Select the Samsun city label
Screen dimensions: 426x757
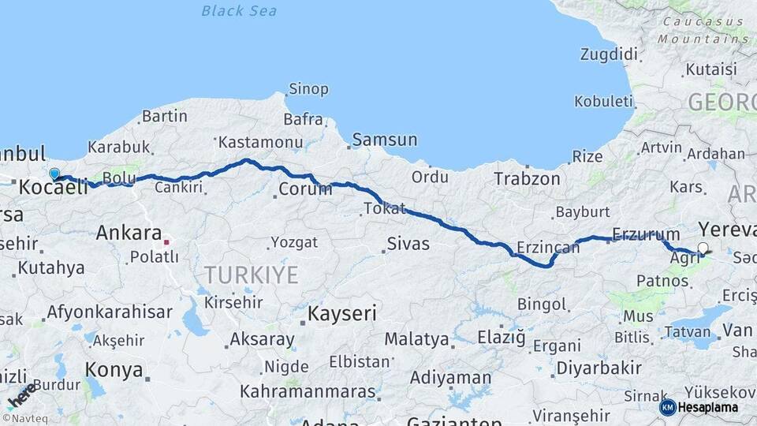point(385,140)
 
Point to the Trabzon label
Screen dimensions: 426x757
point(527,179)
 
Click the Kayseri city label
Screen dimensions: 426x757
point(341,313)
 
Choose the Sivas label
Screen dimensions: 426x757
point(408,243)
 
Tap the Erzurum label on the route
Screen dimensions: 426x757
point(646,234)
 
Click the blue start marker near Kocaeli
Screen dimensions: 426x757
point(54,174)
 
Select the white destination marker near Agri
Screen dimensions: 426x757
point(703,248)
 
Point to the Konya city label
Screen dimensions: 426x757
point(114,369)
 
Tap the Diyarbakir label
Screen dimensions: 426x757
point(599,368)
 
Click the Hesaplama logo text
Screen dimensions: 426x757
point(708,407)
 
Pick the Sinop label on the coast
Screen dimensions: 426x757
point(308,89)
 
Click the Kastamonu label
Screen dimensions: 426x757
point(260,142)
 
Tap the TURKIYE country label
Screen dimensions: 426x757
point(252,275)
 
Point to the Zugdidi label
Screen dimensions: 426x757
point(608,54)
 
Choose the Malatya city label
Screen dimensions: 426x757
point(416,339)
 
